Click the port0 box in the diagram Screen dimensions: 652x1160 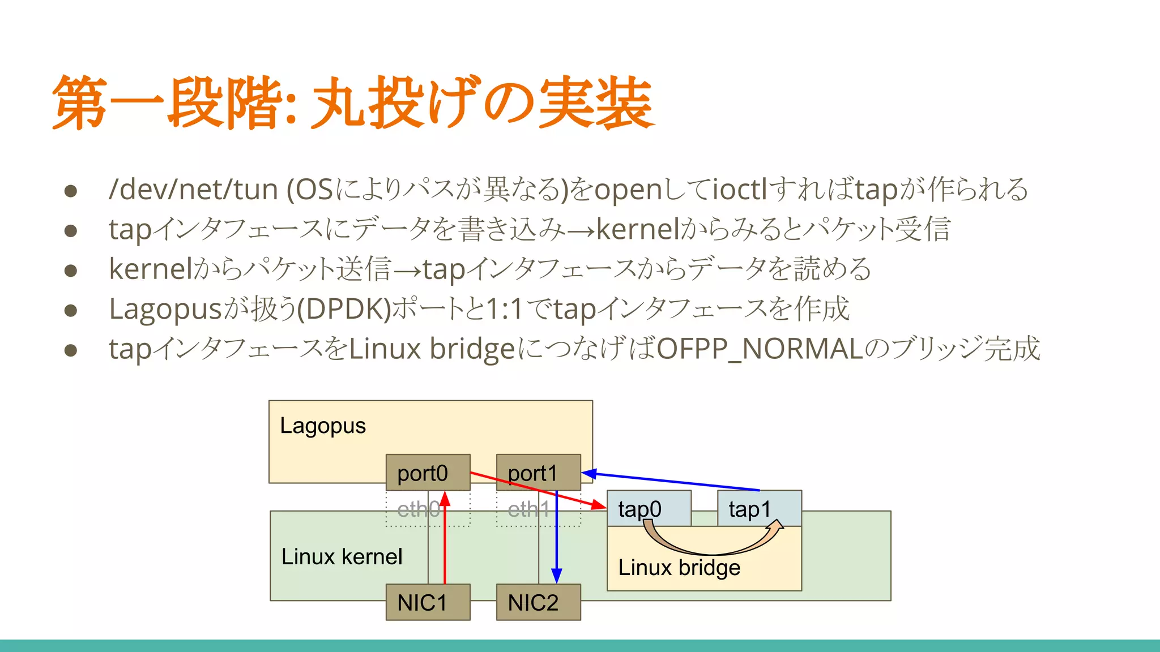(428, 473)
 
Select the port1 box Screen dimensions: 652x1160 (538, 473)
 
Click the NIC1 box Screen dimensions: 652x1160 (428, 602)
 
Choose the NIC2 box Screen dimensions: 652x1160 (538, 602)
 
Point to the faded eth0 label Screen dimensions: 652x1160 (418, 509)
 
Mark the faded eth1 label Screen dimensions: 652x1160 (528, 509)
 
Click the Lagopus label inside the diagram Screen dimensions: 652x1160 (323, 426)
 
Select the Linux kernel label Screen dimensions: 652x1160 (342, 557)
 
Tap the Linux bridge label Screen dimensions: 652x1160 (679, 568)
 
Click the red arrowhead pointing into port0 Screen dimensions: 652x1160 (445, 499)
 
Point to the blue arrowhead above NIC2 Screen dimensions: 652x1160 (556, 576)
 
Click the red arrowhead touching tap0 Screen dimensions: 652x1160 (599, 504)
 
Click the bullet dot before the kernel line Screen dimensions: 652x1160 (71, 271)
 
